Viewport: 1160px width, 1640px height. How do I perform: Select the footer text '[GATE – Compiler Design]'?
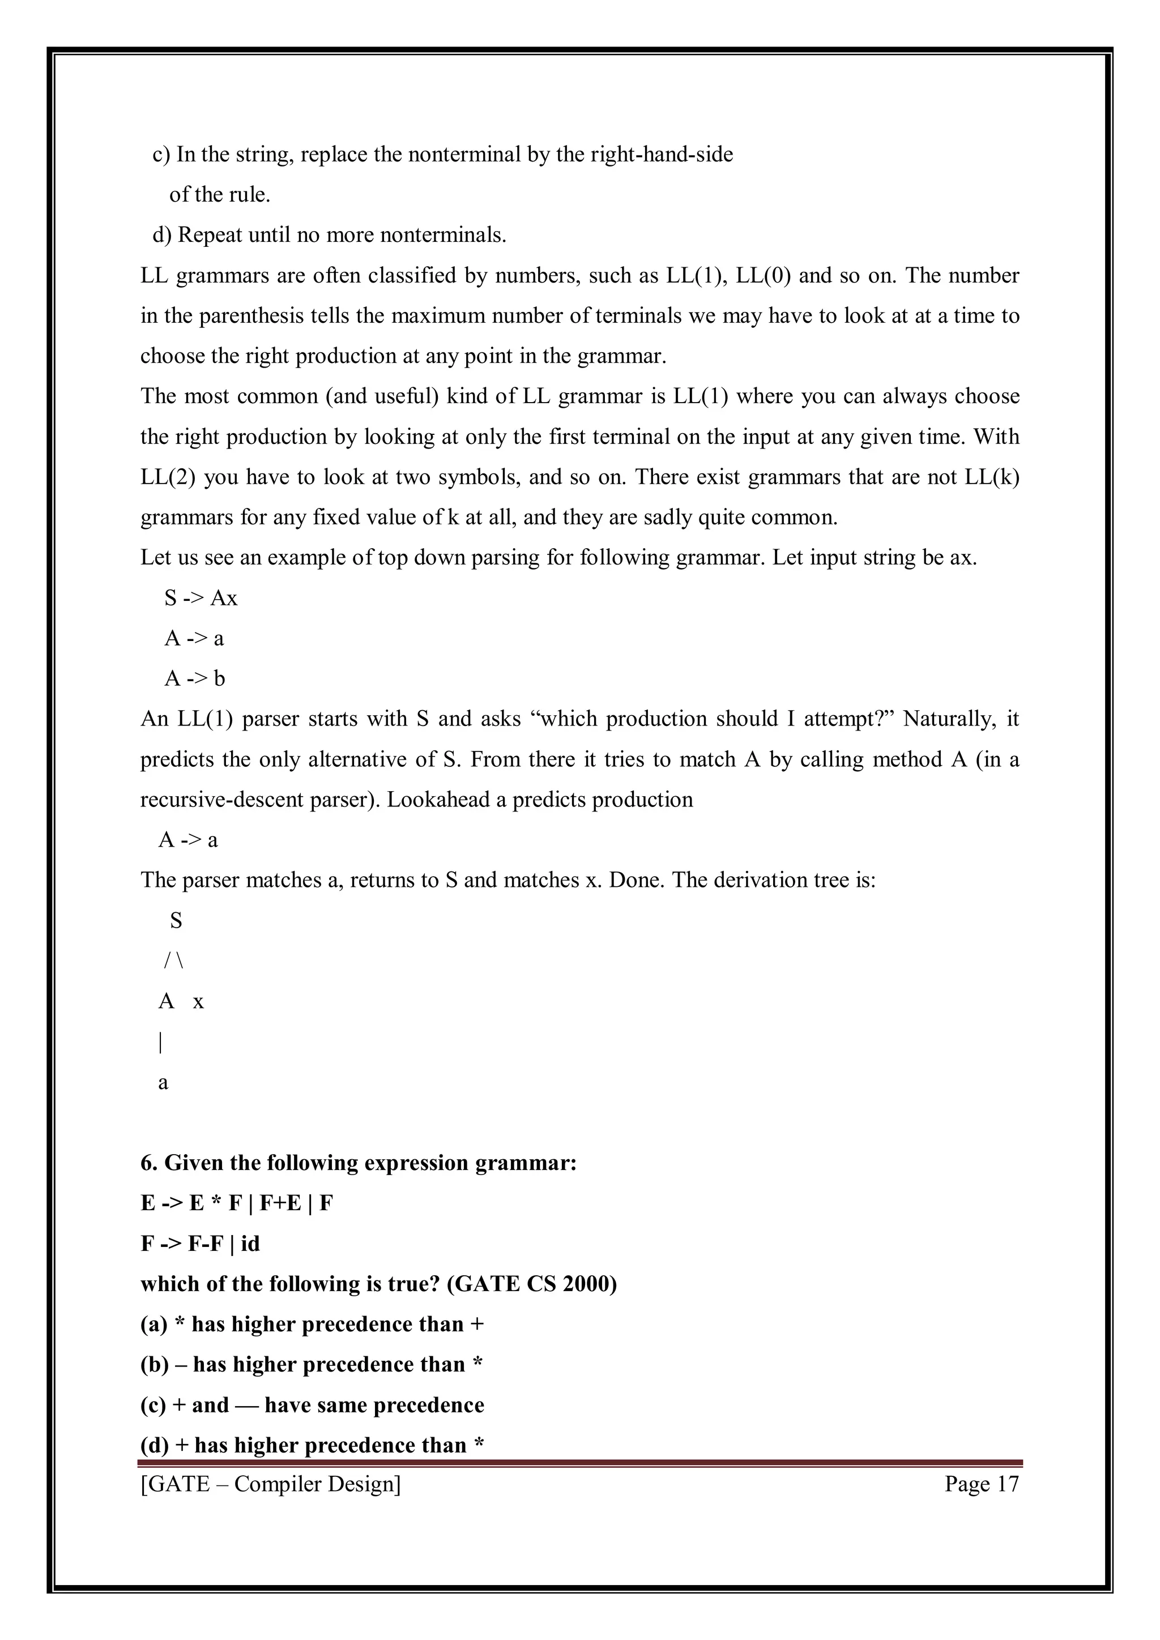271,1484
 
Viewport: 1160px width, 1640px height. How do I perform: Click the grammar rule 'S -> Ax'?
201,598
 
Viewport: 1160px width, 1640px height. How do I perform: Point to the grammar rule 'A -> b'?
195,678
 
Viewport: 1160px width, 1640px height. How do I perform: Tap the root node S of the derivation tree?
176,921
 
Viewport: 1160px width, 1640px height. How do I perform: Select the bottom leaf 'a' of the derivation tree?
163,1083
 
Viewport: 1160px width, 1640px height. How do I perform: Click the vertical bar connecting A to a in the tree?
161,1043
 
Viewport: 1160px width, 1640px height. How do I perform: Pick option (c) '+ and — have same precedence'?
312,1405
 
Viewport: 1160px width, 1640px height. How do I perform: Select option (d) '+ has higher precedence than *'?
312,1445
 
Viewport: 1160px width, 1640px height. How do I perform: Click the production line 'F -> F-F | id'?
200,1244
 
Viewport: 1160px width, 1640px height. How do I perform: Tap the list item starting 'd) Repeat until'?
329,235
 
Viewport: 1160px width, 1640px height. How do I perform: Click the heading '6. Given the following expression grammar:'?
359,1163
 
